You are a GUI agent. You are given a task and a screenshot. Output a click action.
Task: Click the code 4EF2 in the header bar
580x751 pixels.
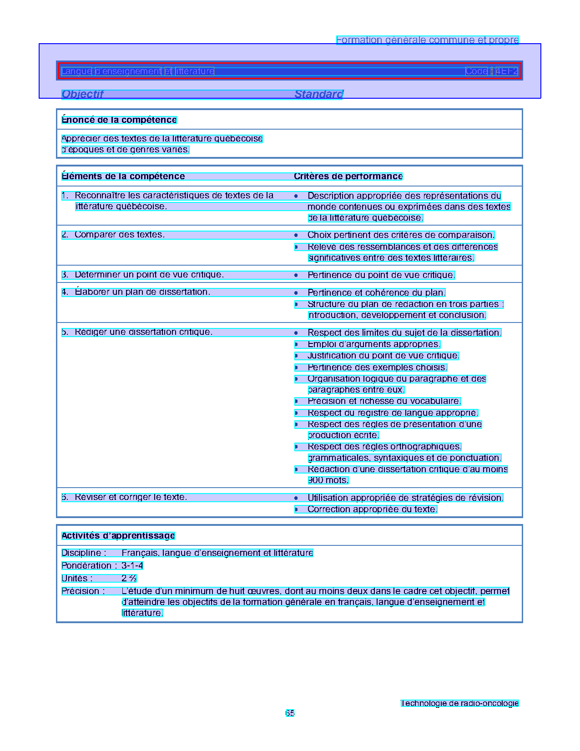[507, 71]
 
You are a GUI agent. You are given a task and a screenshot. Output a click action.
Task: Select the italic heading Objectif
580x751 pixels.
[82, 94]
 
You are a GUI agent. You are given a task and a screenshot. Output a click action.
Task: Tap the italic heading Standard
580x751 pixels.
[318, 94]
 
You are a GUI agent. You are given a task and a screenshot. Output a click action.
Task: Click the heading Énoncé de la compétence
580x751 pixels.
[119, 120]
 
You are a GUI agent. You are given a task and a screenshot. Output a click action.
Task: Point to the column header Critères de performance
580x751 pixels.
[348, 176]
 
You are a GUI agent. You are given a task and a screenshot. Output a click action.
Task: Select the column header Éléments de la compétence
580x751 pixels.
[123, 176]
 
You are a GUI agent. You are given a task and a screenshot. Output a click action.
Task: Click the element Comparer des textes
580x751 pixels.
[120, 235]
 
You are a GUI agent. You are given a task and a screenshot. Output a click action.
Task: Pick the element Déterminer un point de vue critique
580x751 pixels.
[149, 275]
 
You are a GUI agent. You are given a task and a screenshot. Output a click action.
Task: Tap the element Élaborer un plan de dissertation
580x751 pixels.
[142, 292]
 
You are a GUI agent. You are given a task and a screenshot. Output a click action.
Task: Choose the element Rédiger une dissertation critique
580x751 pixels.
[143, 332]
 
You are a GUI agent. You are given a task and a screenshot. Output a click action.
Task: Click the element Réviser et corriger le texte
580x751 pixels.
[131, 497]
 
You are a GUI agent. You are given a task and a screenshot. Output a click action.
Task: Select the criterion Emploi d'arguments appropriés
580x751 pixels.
[373, 344]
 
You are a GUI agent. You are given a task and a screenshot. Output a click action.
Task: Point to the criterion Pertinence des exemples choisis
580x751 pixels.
[377, 368]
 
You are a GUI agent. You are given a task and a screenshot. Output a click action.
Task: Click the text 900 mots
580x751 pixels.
[328, 480]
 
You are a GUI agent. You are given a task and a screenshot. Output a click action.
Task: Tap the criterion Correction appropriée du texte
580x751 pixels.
[372, 509]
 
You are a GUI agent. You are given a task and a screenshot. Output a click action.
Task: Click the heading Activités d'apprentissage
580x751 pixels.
[118, 536]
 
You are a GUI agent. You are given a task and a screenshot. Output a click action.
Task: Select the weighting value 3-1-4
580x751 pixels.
[132, 566]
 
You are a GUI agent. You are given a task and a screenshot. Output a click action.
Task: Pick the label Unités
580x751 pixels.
[77, 579]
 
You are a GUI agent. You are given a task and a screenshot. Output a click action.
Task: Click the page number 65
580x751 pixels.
[290, 713]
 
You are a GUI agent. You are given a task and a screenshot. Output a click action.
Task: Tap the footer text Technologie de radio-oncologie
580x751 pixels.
[459, 703]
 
